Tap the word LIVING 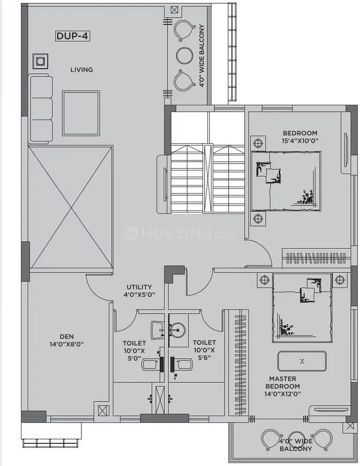tap(81, 70)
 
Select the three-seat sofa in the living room tap(41, 108)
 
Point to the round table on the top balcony tap(184, 55)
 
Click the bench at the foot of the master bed tap(302, 361)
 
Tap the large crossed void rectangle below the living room tap(70, 208)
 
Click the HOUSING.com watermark tap(166, 233)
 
